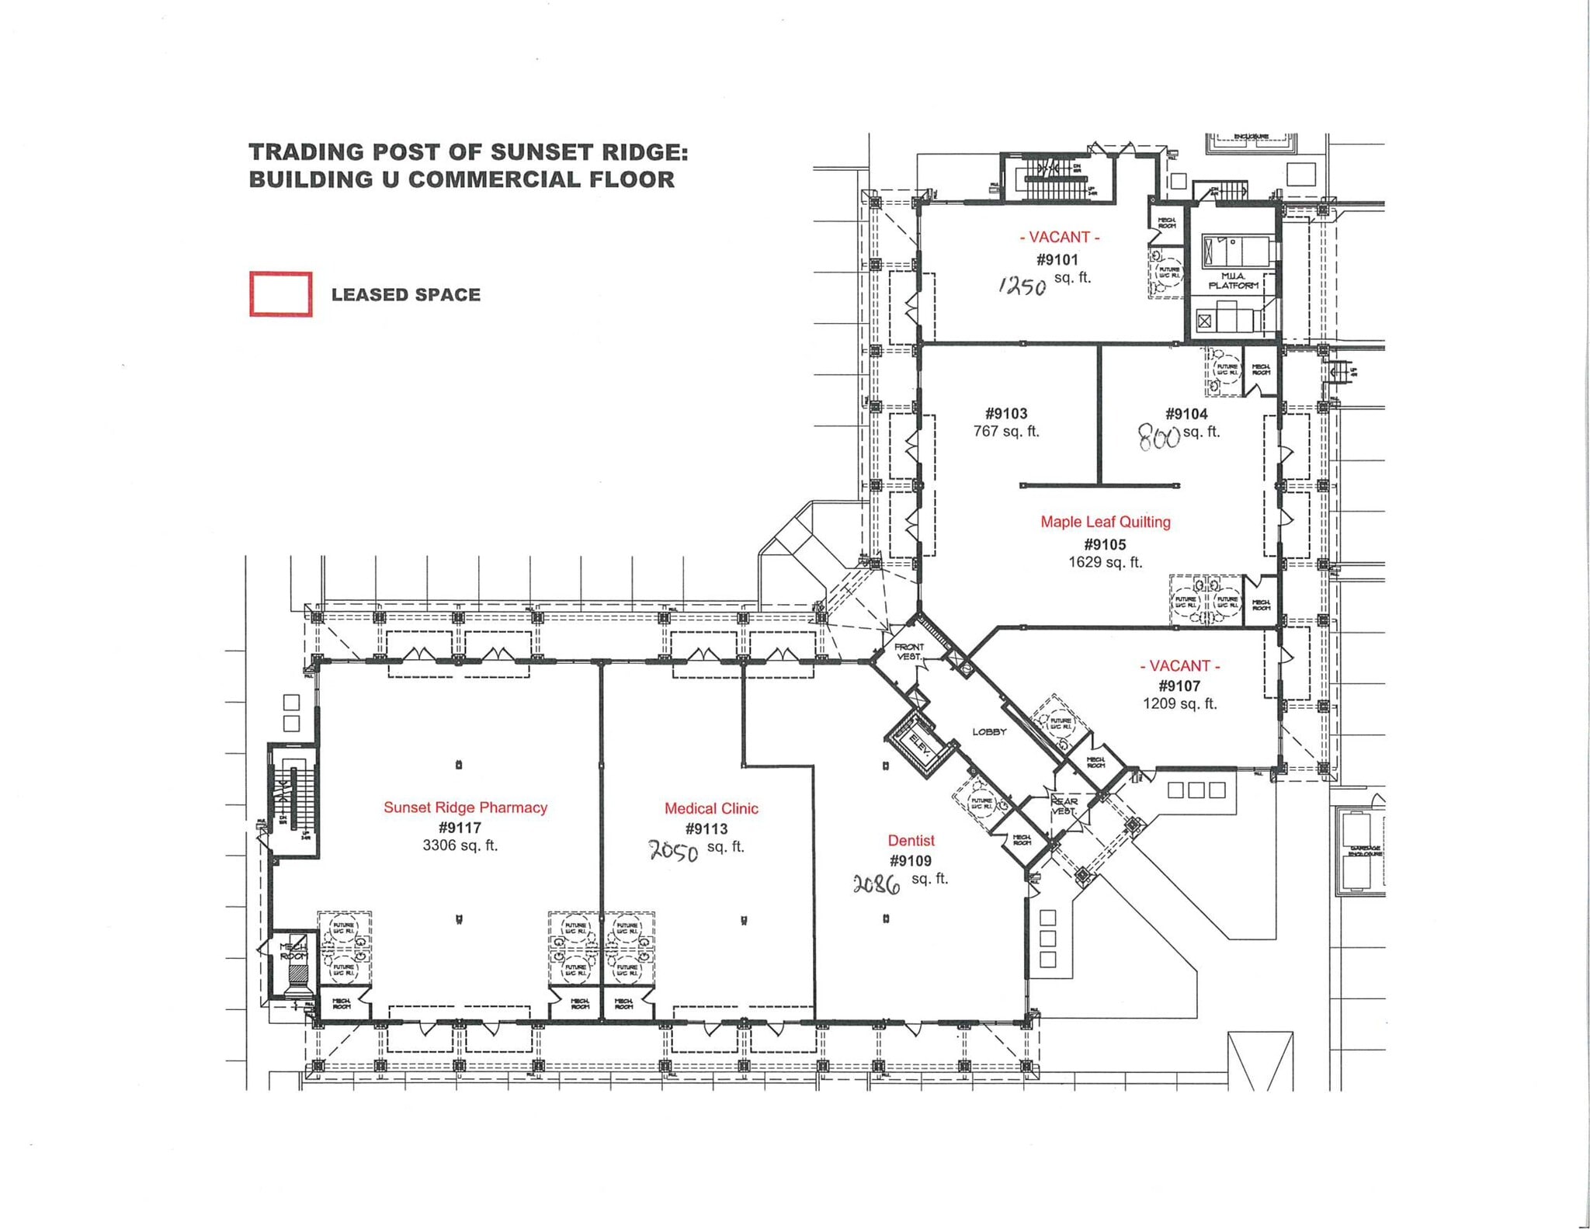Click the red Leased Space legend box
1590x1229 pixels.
click(280, 294)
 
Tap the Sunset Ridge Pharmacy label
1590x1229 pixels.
click(465, 807)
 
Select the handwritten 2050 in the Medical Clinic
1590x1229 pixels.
click(673, 852)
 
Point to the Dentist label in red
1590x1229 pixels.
click(911, 840)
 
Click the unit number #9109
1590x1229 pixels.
click(910, 860)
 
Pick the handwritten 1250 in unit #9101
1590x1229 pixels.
click(1022, 286)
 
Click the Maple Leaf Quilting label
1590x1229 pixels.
click(1105, 522)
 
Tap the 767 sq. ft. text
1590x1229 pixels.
click(1006, 431)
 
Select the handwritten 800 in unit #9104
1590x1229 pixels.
click(1158, 439)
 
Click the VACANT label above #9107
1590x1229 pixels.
click(1179, 665)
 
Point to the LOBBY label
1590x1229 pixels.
click(989, 731)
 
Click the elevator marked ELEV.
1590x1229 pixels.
click(920, 745)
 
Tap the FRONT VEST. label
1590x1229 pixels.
click(908, 651)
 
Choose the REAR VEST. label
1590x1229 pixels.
click(1064, 806)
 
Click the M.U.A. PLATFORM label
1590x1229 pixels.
click(1233, 281)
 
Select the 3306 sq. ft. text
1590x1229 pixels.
click(460, 845)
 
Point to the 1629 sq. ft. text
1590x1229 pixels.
click(1105, 562)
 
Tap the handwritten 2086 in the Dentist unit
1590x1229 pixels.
click(877, 884)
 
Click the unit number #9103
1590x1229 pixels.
click(1006, 414)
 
